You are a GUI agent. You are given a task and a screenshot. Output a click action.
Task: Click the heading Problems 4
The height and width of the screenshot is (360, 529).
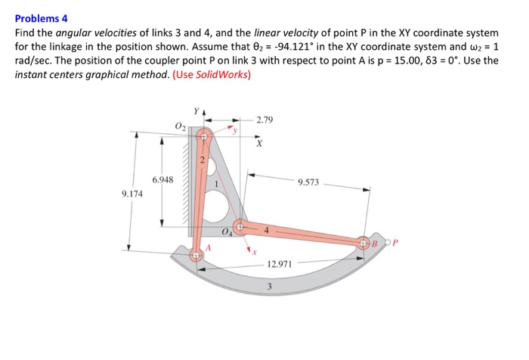coord(41,19)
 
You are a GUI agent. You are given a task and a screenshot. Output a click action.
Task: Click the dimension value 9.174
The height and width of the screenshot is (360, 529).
coord(132,194)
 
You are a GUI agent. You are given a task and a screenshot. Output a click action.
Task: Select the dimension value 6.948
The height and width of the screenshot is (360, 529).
coord(163,180)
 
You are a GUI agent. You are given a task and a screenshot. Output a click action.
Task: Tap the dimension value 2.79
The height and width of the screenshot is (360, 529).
coord(264,120)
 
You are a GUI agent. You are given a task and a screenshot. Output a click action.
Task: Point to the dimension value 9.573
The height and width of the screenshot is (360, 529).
coord(308,182)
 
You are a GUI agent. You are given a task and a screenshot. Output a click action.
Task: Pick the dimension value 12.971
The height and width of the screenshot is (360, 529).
coord(280,264)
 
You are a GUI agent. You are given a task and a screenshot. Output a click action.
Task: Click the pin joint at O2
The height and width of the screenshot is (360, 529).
coord(204,136)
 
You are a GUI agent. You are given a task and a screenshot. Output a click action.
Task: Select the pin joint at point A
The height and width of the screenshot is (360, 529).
coord(196,255)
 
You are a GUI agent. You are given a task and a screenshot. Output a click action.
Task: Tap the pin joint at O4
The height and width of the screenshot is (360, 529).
coord(240,227)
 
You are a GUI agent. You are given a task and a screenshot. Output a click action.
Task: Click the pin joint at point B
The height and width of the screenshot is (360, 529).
coord(363,243)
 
